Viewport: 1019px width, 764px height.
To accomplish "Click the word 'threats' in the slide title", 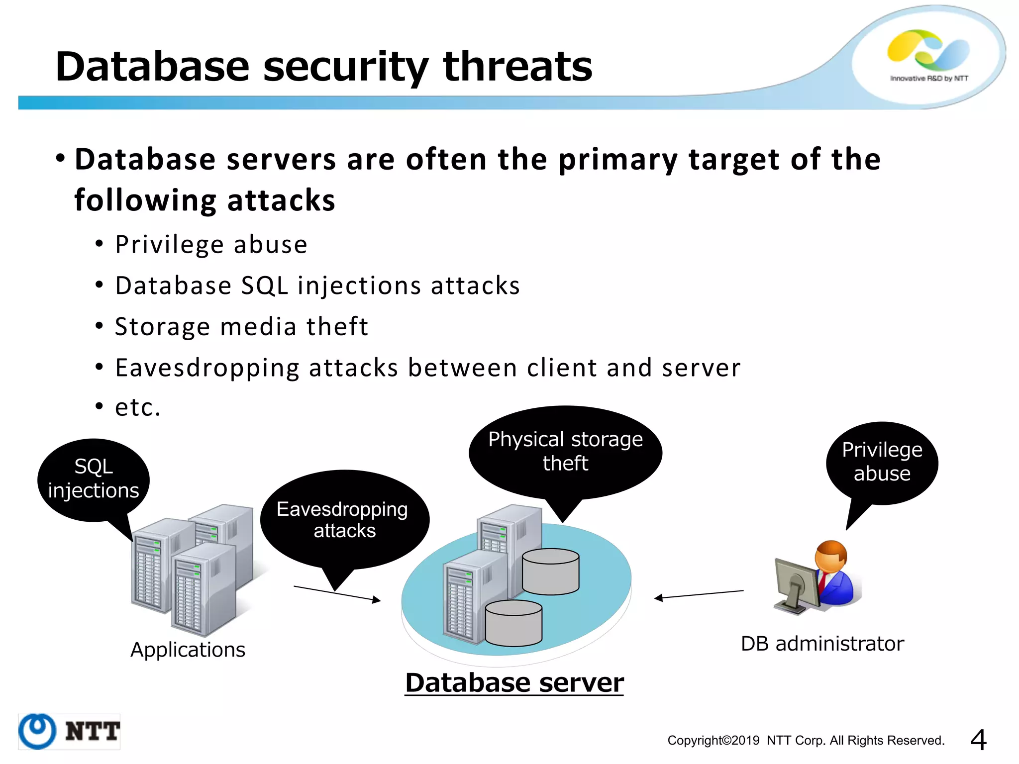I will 517,67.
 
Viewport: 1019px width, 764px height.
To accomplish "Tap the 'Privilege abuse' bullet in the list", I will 211,245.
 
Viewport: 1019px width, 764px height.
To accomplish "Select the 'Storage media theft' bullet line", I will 241,327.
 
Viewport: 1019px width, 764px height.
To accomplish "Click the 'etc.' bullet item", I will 138,407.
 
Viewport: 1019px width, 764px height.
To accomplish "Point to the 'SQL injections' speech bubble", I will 94,478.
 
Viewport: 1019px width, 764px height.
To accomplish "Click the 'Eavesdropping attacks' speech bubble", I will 344,519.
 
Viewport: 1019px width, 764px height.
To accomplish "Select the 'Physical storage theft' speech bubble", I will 565,451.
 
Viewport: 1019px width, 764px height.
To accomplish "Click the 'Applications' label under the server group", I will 188,650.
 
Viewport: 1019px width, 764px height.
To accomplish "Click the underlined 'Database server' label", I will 514,682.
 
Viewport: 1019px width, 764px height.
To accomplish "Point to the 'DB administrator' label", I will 822,644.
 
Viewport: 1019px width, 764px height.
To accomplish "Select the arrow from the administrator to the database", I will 699,594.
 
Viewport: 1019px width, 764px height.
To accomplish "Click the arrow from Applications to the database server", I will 337,593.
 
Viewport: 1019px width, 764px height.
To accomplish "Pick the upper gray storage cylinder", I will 550,571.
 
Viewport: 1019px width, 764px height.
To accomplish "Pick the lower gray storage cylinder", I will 513,622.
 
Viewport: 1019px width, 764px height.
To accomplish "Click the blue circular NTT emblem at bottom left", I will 37,731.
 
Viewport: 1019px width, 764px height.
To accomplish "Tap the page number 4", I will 978,740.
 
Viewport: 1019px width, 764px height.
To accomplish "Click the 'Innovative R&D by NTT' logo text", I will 929,78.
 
